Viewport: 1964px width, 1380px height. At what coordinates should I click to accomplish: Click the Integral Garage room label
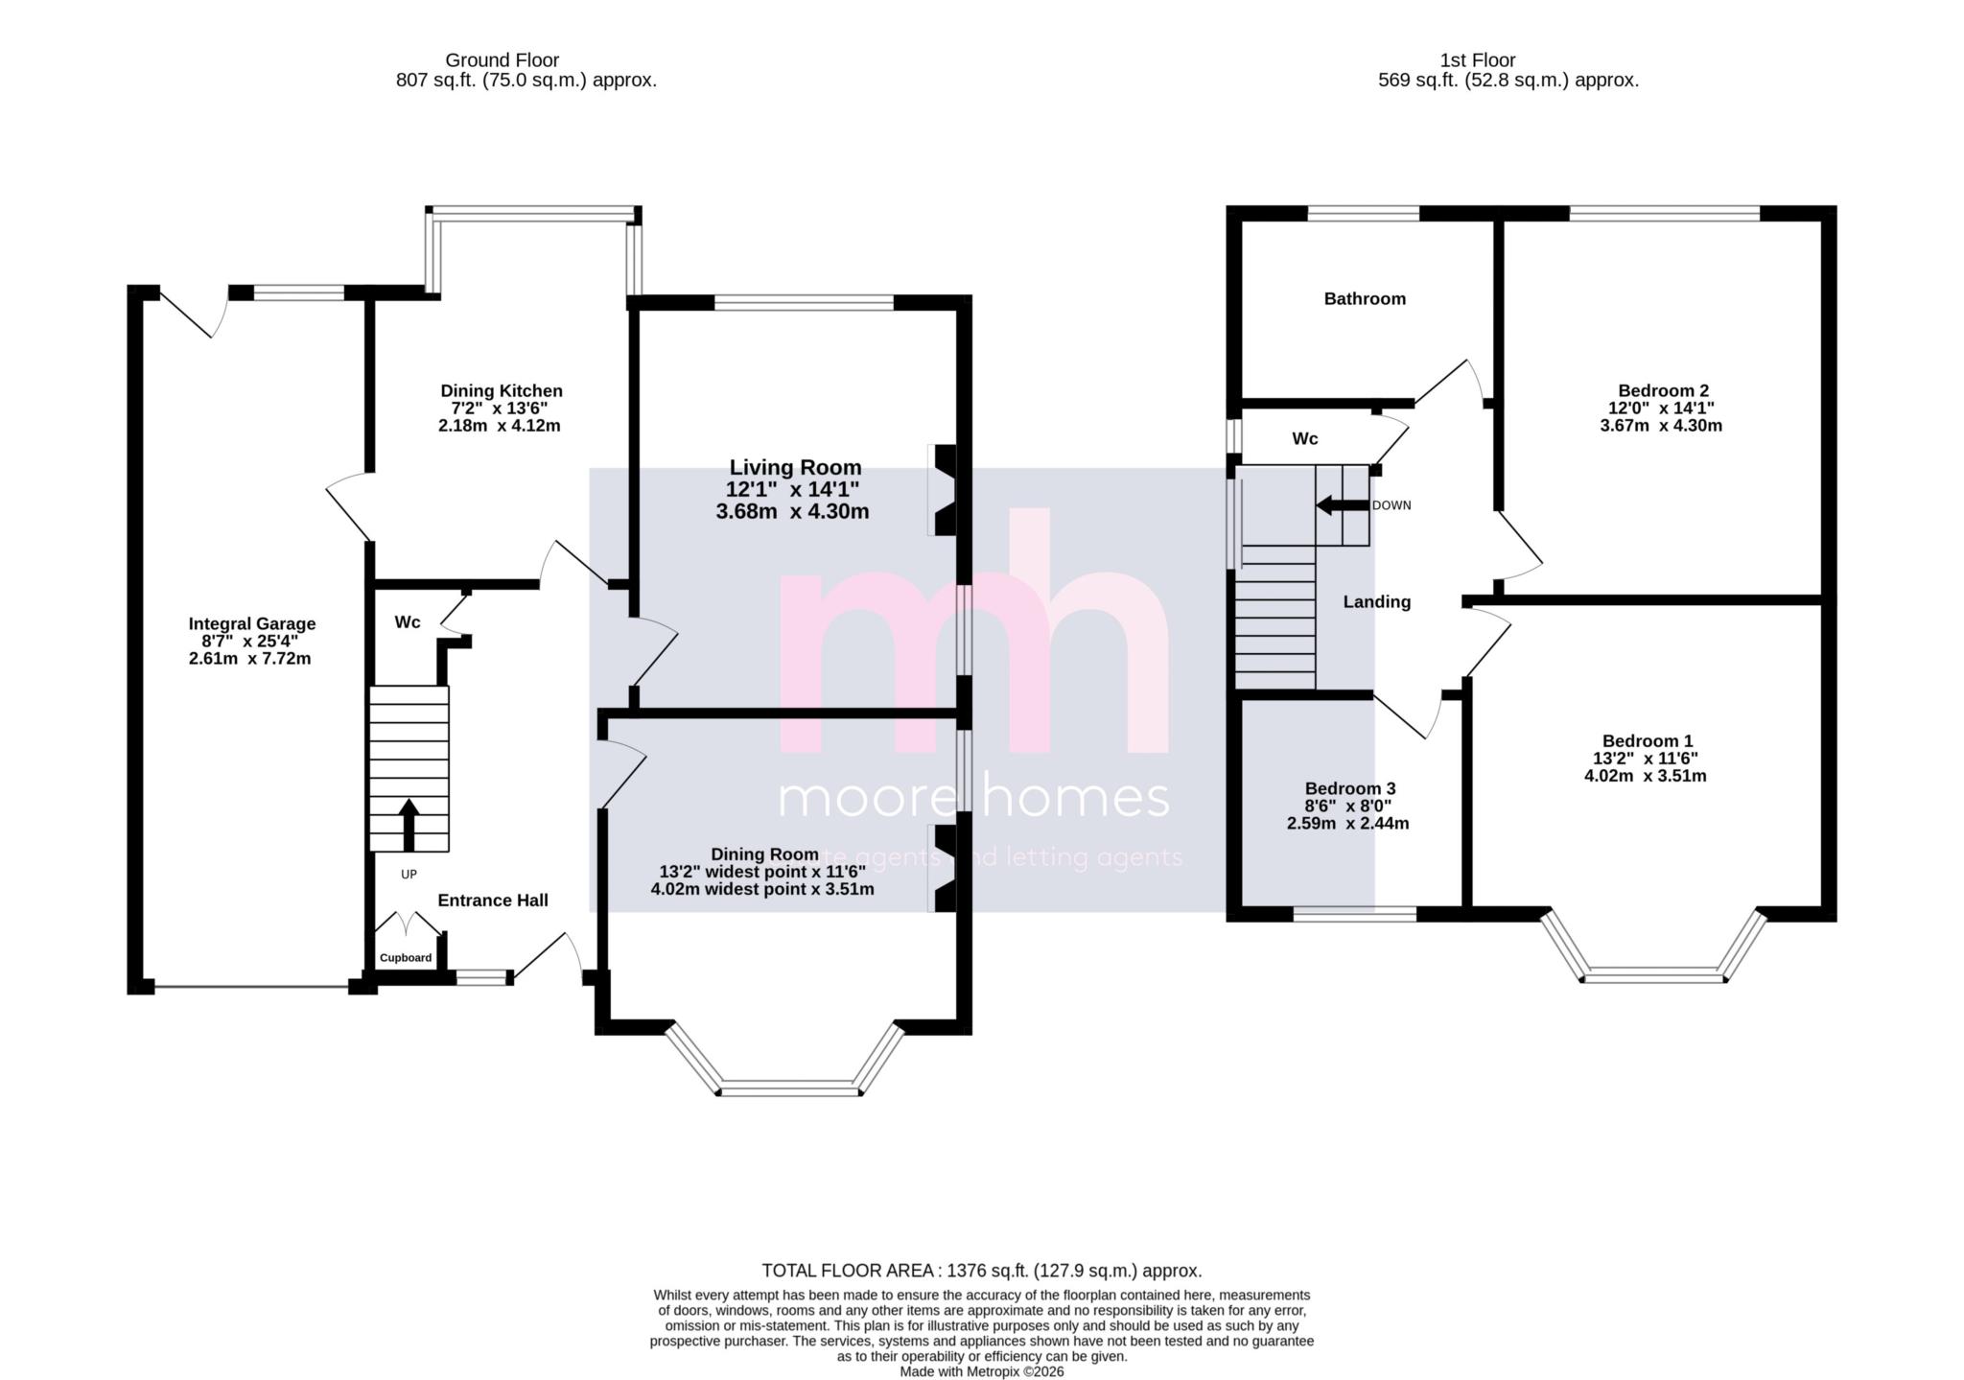pyautogui.click(x=251, y=623)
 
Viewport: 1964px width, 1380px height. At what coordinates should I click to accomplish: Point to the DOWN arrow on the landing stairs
pyautogui.click(x=1342, y=505)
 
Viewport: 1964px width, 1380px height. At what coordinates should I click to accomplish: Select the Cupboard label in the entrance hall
pyautogui.click(x=406, y=957)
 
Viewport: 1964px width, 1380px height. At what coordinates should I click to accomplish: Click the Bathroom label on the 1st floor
pyautogui.click(x=1365, y=299)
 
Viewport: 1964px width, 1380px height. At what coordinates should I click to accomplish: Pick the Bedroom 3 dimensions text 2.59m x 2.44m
pyautogui.click(x=1347, y=823)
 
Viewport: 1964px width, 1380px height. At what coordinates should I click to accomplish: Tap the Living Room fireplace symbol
pyautogui.click(x=945, y=489)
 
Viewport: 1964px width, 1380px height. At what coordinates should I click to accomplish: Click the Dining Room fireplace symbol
pyautogui.click(x=945, y=867)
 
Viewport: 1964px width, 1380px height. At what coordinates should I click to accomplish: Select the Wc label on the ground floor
pyautogui.click(x=408, y=622)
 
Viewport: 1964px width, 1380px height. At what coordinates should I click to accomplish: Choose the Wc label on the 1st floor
pyautogui.click(x=1304, y=439)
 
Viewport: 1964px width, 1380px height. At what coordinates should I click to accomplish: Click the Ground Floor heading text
pyautogui.click(x=502, y=60)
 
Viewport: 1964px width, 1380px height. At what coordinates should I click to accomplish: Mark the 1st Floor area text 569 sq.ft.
pyautogui.click(x=1508, y=81)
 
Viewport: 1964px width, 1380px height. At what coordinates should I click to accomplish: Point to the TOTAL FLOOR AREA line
pyautogui.click(x=981, y=1271)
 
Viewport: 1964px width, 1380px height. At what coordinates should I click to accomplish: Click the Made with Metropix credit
pyautogui.click(x=981, y=1371)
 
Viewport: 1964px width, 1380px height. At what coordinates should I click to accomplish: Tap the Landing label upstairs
pyautogui.click(x=1376, y=602)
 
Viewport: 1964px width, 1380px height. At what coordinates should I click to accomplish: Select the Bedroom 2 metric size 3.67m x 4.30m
pyautogui.click(x=1661, y=426)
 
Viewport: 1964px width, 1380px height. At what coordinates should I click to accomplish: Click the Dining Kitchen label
pyautogui.click(x=501, y=391)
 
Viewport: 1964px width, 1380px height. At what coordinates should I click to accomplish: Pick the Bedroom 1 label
pyautogui.click(x=1647, y=741)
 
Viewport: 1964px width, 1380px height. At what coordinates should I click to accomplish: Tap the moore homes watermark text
pyautogui.click(x=973, y=798)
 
